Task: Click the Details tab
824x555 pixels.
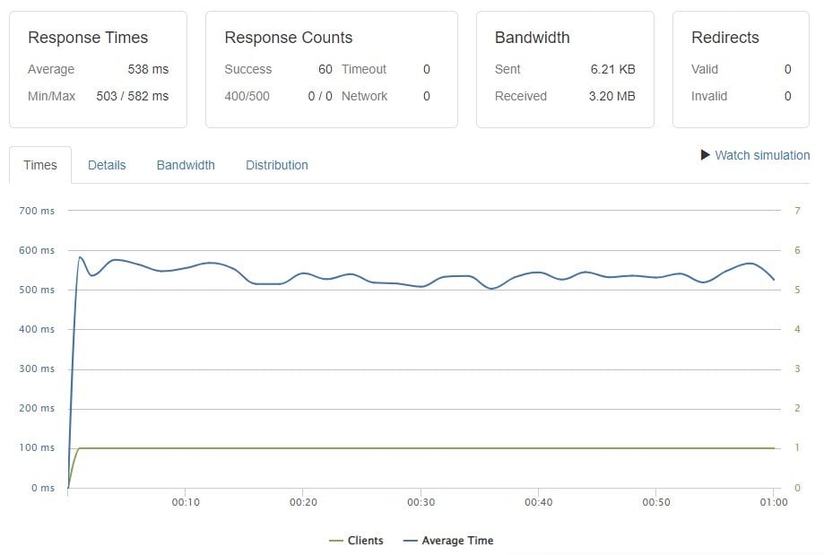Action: point(107,165)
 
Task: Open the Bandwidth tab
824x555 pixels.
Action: point(186,165)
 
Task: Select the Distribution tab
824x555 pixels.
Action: point(277,165)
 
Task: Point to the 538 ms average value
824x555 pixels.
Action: point(148,69)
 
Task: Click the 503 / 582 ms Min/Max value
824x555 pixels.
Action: point(132,96)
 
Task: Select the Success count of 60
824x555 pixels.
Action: point(325,69)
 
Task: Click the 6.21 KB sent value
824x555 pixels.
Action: point(612,69)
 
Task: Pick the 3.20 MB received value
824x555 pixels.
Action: point(612,96)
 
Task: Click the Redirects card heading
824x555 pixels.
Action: point(724,38)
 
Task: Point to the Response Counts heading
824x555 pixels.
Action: point(288,38)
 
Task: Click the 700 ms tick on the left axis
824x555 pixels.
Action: point(36,211)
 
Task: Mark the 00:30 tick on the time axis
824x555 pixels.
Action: point(421,503)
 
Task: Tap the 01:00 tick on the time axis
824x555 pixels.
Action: point(773,503)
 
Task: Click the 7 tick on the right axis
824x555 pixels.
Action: point(797,211)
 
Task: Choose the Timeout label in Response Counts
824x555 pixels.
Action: point(363,69)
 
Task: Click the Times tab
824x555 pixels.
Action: point(40,165)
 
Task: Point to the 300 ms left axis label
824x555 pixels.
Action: point(36,369)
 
